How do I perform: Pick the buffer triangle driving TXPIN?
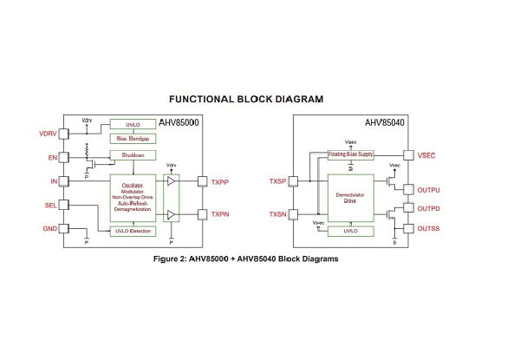173,214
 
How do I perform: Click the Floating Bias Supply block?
350,154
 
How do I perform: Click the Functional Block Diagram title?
246,99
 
